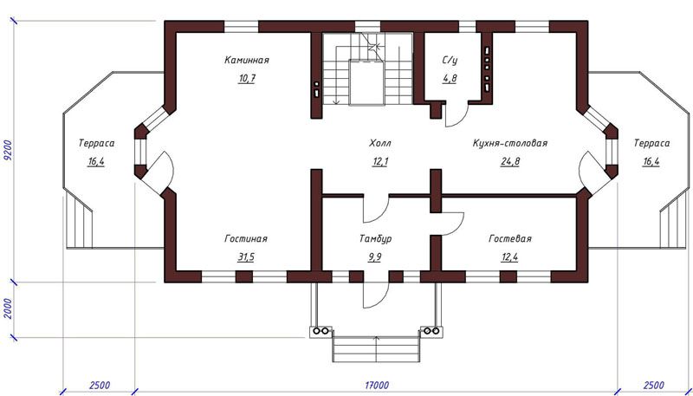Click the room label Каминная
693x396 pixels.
246,60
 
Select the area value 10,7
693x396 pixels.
247,79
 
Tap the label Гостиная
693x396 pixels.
246,239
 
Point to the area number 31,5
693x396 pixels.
246,257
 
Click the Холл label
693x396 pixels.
380,144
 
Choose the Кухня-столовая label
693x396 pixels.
510,144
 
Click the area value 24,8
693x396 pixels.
510,162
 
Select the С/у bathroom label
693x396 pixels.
450,61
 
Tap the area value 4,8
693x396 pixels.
450,79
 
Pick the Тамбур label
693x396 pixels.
375,239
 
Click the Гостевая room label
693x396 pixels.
510,239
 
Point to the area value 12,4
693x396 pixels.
509,257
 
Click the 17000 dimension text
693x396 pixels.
377,385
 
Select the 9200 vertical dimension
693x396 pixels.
7,152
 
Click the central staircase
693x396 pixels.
366,68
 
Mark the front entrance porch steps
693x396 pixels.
376,349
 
